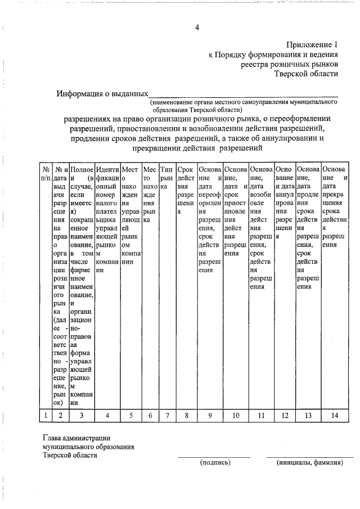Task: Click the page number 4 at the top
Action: pyautogui.click(x=197, y=28)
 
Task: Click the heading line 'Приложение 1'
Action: pyautogui.click(x=313, y=44)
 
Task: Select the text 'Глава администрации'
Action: pyautogui.click(x=76, y=438)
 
